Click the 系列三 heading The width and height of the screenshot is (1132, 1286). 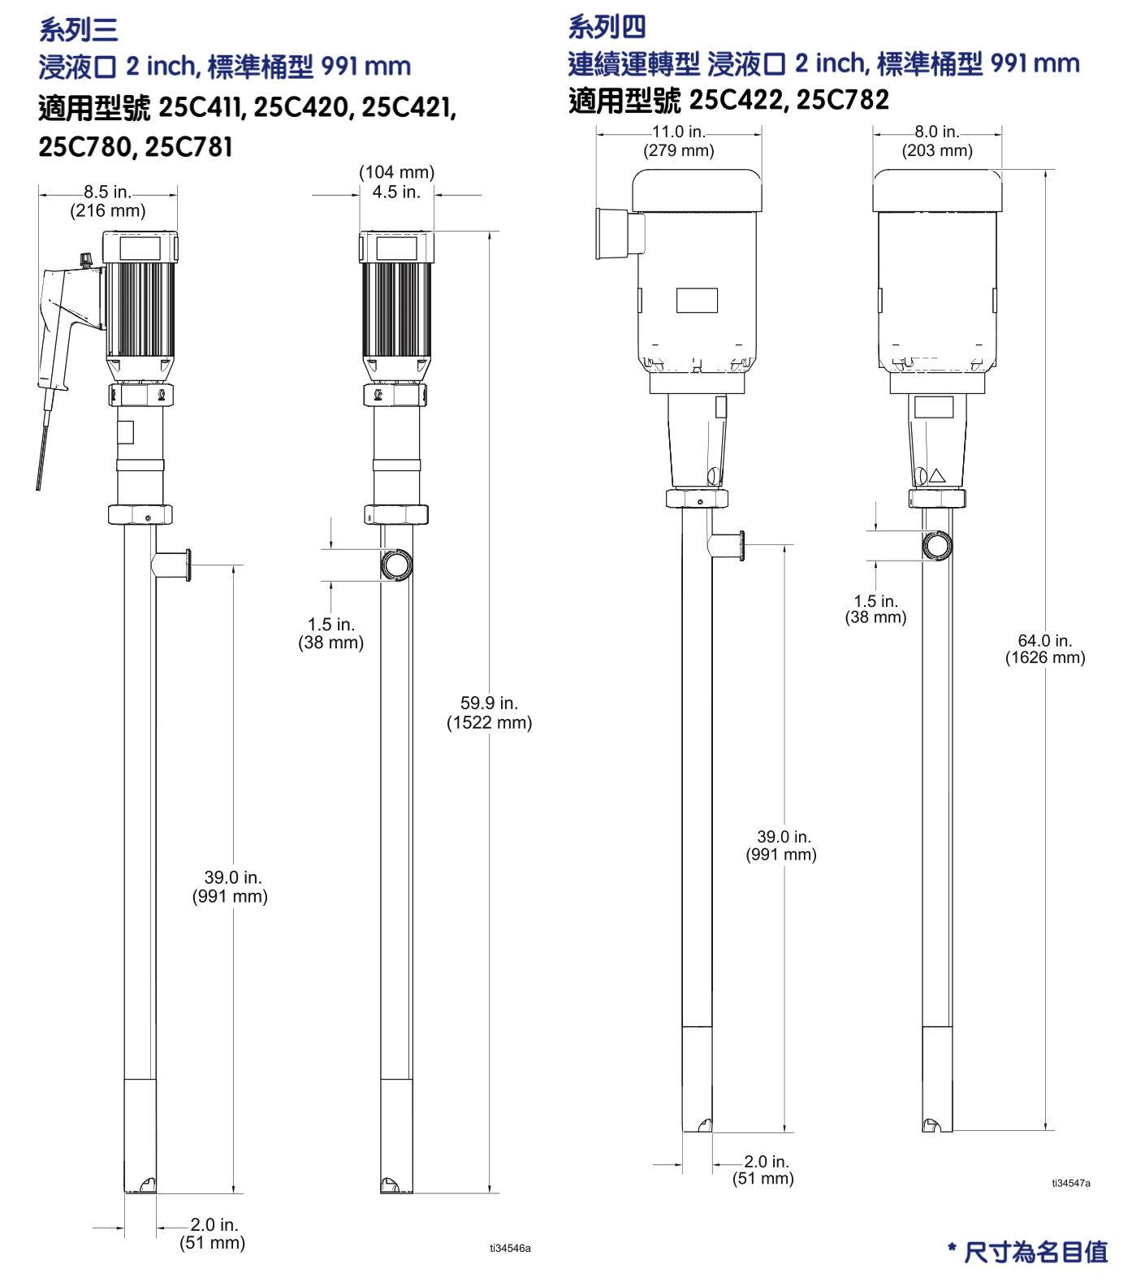[x=79, y=30]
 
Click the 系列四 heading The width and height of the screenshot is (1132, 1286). [x=607, y=27]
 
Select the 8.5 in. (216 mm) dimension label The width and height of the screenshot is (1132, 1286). [x=108, y=201]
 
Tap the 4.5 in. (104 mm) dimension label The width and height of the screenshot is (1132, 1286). [x=397, y=182]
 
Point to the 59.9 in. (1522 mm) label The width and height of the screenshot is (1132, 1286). [x=490, y=712]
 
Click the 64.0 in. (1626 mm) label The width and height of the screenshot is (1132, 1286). [x=1045, y=649]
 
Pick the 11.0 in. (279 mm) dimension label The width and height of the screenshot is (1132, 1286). [x=679, y=141]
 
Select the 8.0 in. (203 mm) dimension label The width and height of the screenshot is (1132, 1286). [x=937, y=141]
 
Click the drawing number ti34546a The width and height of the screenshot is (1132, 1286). [x=510, y=1248]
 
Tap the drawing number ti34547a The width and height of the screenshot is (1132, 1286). [x=1071, y=1183]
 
